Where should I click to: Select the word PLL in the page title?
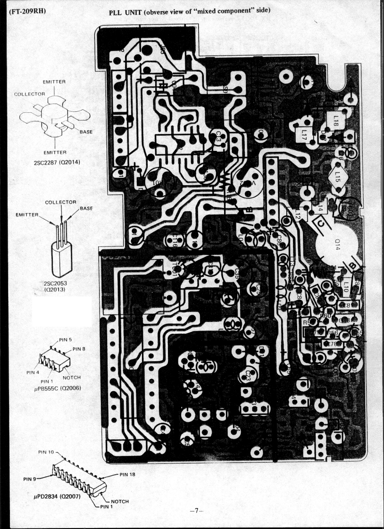click(117, 11)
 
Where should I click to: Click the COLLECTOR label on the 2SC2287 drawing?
click(29, 94)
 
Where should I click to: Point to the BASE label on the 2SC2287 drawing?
click(85, 132)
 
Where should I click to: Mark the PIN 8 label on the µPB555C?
click(79, 349)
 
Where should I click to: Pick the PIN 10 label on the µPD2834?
click(46, 452)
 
